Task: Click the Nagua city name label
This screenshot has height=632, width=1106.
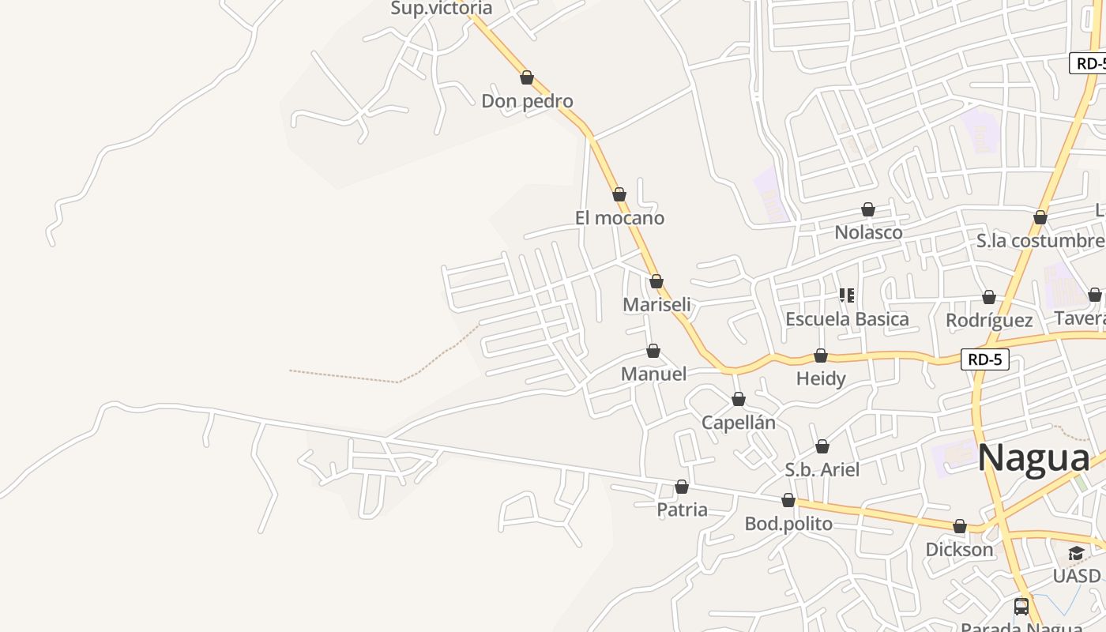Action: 1033,459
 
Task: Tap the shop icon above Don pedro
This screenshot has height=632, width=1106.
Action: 527,77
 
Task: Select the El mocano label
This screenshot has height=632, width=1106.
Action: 619,218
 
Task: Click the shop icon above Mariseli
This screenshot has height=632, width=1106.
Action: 656,281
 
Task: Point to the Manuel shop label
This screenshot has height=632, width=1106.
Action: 653,374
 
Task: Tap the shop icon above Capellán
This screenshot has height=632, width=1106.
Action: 738,400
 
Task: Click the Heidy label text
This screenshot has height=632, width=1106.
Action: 821,378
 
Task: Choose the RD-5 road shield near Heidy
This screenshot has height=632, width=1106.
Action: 986,359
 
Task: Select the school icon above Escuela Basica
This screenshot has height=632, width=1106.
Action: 847,296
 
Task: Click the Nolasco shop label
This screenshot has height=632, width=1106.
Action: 868,233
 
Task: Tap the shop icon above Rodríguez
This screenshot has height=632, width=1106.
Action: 988,297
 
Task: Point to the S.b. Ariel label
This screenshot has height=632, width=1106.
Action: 822,470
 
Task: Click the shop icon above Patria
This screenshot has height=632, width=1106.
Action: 682,487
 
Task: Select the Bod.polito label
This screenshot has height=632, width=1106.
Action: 788,524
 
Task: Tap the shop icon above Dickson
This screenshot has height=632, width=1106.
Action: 959,526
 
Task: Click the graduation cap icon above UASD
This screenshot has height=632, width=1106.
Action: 1076,553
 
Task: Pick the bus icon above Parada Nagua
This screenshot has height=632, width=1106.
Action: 1021,607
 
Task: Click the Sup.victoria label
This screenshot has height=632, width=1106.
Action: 442,9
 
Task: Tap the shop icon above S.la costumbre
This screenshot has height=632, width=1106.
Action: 1040,217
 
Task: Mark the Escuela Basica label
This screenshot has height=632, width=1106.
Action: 847,319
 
